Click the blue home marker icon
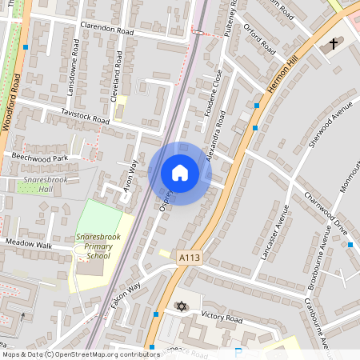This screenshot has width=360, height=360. click(180, 173)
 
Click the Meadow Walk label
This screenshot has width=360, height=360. click(28, 242)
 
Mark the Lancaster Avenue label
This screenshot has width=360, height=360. click(276, 231)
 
